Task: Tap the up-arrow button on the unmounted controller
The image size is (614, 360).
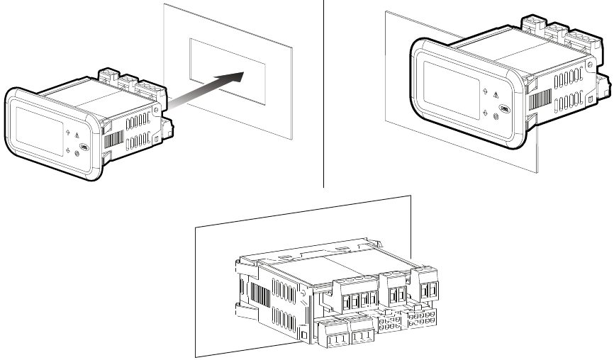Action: [67, 132]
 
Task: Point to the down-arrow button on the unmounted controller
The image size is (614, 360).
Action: [68, 150]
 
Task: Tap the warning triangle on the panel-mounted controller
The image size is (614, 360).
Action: [494, 94]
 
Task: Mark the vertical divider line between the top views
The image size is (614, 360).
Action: [324, 92]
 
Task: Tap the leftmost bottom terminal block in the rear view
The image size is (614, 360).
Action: [333, 333]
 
